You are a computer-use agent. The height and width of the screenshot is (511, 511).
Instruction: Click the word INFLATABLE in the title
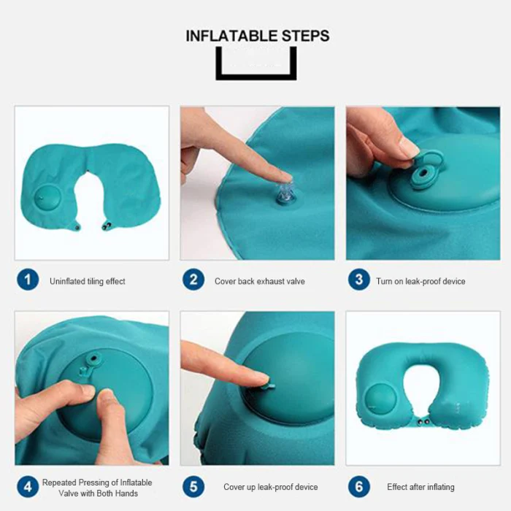231,36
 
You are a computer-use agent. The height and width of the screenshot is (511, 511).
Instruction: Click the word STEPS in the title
306,36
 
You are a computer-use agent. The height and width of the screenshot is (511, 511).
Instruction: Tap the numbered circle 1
28,280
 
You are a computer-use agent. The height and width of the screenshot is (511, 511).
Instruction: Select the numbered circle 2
193,280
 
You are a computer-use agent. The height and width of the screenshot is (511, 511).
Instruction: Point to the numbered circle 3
359,280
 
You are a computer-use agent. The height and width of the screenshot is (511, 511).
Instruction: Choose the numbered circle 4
28,487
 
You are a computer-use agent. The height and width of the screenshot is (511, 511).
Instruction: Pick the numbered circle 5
193,487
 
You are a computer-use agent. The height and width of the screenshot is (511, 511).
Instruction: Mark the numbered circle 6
359,487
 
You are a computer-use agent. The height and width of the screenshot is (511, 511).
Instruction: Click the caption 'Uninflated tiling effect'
88,281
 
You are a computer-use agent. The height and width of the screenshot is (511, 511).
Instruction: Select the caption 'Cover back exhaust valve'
260,281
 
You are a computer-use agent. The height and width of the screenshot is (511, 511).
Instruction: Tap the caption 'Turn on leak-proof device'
420,281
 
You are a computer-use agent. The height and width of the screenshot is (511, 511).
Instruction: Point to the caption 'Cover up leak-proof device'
271,487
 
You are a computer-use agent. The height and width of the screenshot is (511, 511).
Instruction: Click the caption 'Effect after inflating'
420,487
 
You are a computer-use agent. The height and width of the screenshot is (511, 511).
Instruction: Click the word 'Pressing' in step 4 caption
99,483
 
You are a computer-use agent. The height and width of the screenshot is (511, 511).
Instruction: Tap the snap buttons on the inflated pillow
423,422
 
